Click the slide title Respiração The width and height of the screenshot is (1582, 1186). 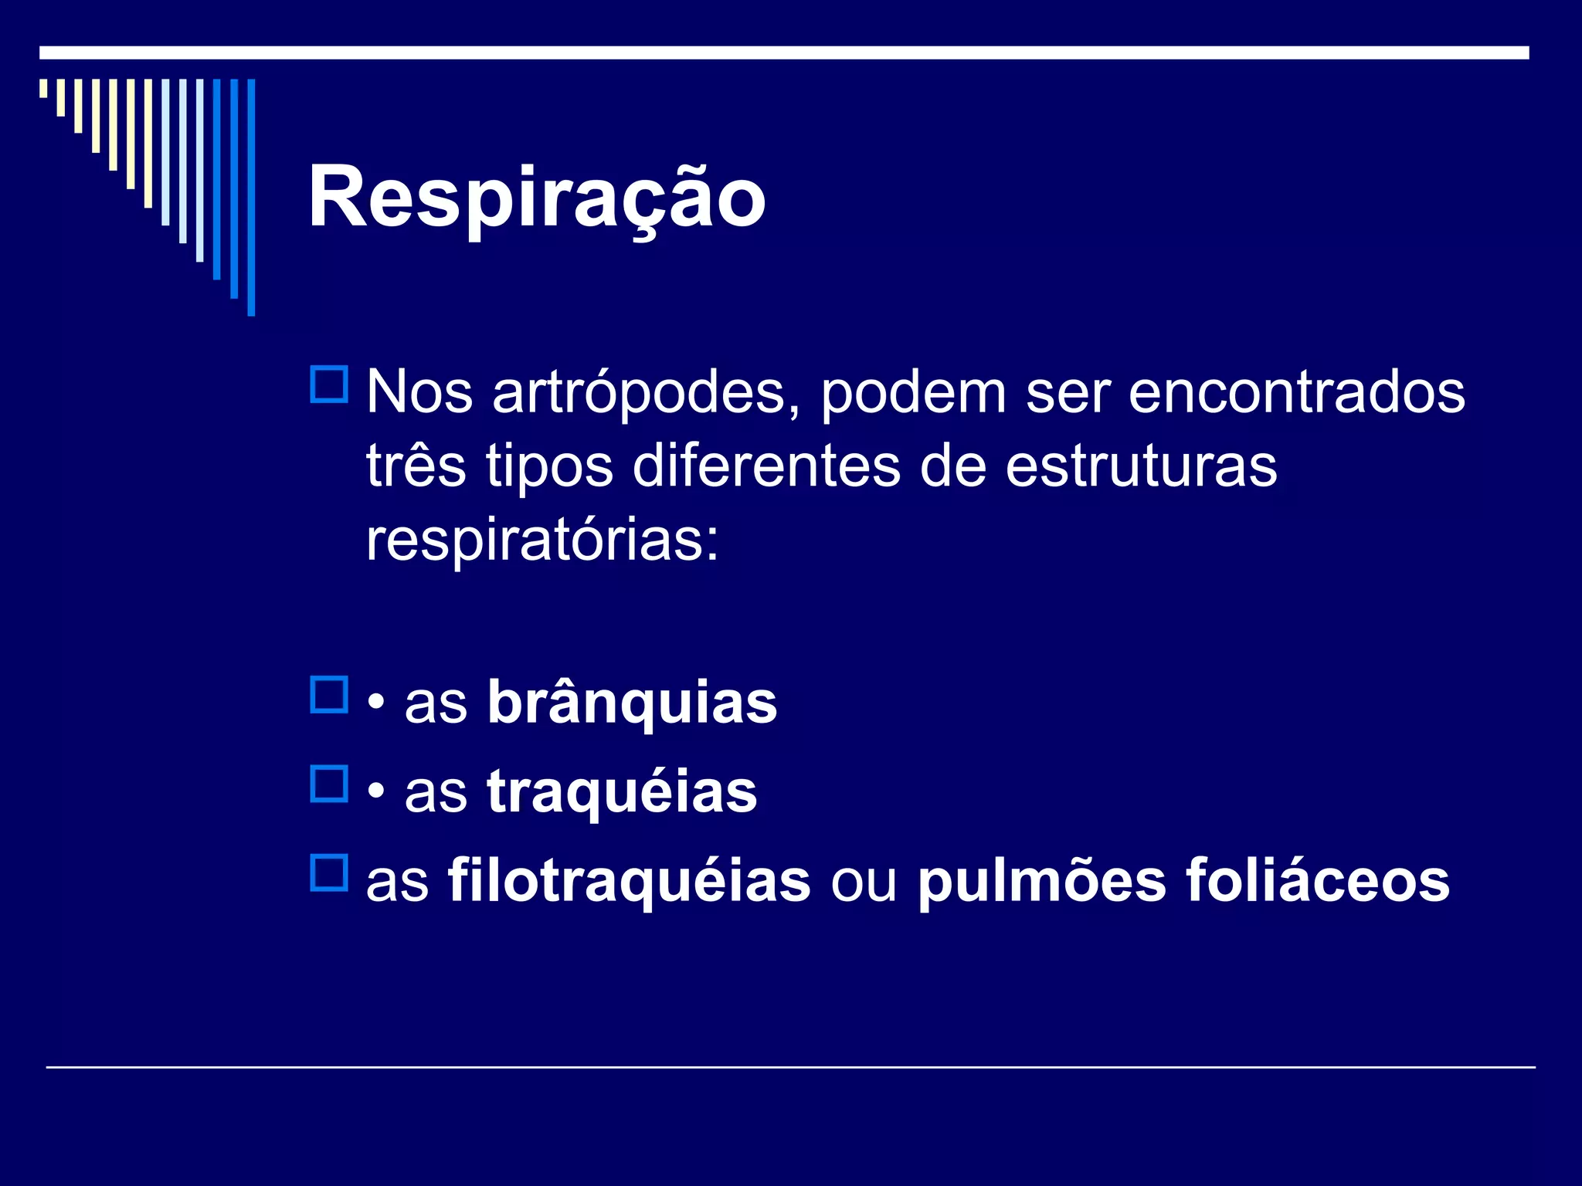tap(537, 198)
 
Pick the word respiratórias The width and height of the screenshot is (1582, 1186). tap(541, 540)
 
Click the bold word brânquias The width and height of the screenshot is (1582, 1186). tap(632, 703)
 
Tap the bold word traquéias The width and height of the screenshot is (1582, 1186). tap(622, 791)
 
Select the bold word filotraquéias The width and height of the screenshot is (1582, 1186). tap(629, 880)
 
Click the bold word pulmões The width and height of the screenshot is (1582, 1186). tap(1041, 880)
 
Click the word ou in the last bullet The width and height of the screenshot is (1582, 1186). tap(864, 882)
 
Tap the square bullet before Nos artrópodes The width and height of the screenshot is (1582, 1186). tap(329, 385)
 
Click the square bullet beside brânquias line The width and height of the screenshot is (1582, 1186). tap(329, 695)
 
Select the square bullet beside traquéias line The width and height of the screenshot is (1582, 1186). tap(329, 784)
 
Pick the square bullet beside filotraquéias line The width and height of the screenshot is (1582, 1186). tap(329, 873)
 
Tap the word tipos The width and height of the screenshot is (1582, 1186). tap(549, 467)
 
